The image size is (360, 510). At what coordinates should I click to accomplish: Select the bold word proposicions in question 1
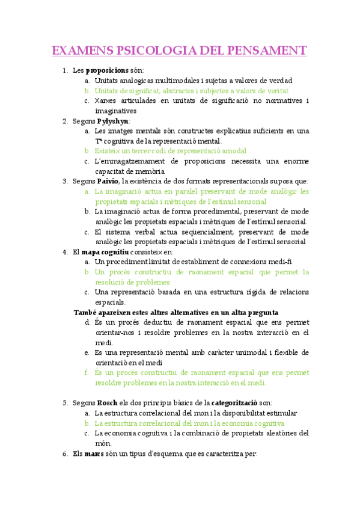tap(107, 71)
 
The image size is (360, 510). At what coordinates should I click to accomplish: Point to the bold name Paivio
tap(108, 181)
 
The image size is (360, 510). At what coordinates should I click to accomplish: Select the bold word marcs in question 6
tap(94, 453)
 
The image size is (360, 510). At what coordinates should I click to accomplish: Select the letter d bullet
tap(88, 322)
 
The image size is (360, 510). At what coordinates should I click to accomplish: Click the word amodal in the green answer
tap(231, 151)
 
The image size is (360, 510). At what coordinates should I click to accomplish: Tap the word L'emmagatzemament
tap(128, 161)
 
